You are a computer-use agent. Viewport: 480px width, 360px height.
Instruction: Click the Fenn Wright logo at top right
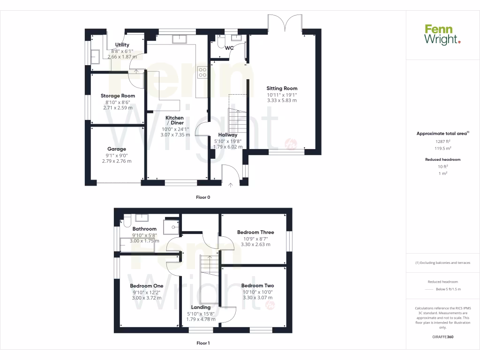(x=442, y=35)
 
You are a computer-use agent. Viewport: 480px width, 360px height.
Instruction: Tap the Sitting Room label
(x=282, y=88)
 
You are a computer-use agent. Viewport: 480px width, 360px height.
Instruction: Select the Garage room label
(x=116, y=149)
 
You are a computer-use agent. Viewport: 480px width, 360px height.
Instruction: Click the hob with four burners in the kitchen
(x=203, y=72)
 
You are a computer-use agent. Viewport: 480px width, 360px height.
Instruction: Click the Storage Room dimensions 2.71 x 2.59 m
(x=118, y=107)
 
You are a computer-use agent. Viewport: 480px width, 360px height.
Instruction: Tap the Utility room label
(x=122, y=45)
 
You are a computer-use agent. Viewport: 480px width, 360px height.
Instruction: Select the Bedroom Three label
(x=255, y=232)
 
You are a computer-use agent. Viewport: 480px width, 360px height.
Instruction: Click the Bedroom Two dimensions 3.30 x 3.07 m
(x=257, y=297)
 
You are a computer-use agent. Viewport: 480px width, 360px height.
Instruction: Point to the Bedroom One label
(x=147, y=285)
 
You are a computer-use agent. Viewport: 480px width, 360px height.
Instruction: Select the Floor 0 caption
(x=203, y=197)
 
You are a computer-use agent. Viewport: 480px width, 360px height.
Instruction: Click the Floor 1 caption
(x=203, y=343)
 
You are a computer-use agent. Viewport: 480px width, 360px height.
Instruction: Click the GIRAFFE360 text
(x=443, y=337)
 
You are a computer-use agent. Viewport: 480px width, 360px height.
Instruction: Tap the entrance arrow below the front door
(x=230, y=186)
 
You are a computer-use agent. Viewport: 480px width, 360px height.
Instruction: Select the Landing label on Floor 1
(x=201, y=307)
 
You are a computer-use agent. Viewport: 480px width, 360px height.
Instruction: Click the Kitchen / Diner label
(x=175, y=120)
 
